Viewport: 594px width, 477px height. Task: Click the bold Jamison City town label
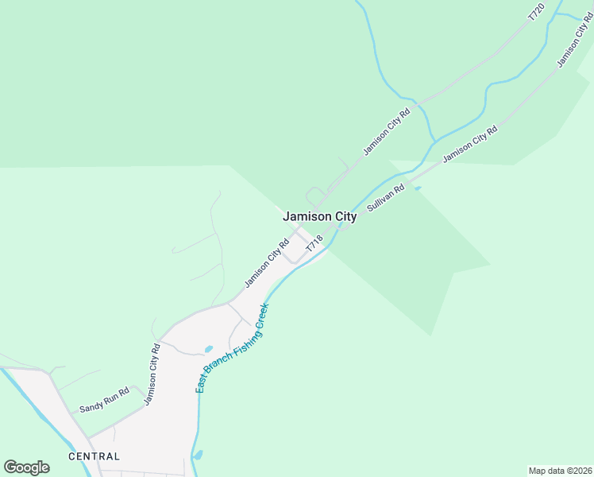(320, 216)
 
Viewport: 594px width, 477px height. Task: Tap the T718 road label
(314, 244)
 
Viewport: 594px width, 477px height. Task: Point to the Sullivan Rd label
(386, 199)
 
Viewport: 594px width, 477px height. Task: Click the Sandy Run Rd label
(104, 401)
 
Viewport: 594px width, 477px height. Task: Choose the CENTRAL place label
(94, 456)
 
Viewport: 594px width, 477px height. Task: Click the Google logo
(26, 467)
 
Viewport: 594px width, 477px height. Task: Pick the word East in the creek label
(202, 383)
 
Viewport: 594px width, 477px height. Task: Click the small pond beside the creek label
(208, 349)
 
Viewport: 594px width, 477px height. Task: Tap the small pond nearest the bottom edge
(198, 455)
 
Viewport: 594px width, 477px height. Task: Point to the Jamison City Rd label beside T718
(267, 263)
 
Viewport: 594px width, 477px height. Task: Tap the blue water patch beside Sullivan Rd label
(417, 188)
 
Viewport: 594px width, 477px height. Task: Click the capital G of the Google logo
(10, 467)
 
